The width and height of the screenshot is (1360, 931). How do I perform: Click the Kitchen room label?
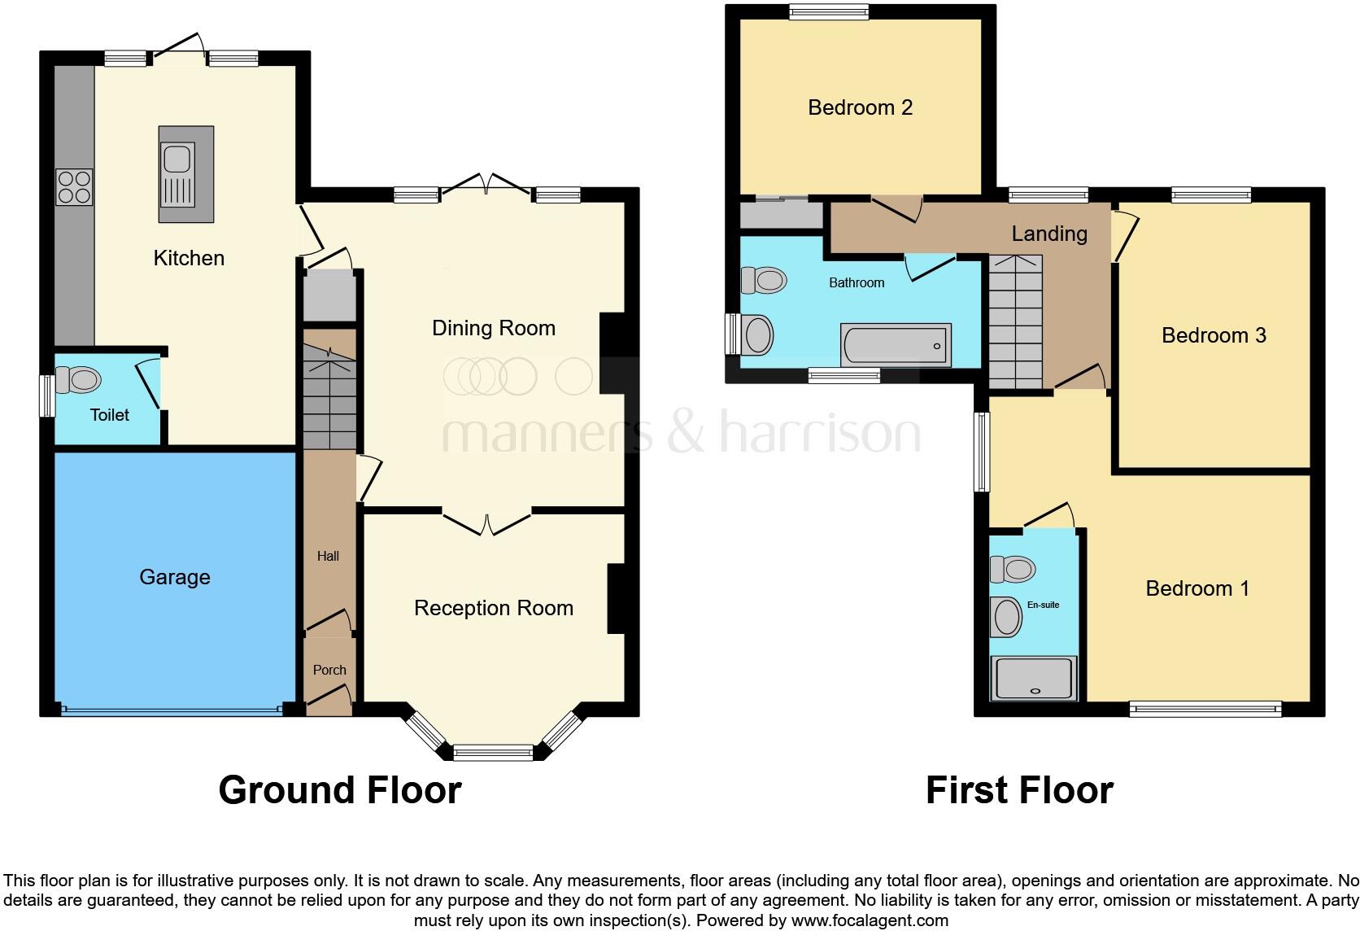pos(189,258)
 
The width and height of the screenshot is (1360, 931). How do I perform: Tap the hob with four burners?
pos(74,187)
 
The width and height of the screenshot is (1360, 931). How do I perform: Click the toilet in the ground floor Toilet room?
pos(79,380)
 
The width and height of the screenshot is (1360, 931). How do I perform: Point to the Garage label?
pos(175,577)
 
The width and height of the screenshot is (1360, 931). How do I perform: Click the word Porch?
pos(329,670)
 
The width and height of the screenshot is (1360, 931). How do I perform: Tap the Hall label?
pos(328,556)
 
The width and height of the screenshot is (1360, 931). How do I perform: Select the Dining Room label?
pos(493,328)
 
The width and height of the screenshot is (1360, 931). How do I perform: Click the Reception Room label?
pos(493,608)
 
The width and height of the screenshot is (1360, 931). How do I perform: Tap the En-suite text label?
pos(1043,605)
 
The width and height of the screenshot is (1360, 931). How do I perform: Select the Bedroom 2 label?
pos(860,107)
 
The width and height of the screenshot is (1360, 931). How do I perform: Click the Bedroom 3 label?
pos(1214,335)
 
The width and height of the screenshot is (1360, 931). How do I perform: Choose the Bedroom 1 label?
pos(1197,588)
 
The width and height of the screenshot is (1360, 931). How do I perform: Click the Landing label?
pos(1049,234)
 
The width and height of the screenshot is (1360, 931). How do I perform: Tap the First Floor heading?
pos(1019,790)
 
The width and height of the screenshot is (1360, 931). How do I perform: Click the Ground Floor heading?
pos(340,790)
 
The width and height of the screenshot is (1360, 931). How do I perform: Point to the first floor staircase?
pos(1015,322)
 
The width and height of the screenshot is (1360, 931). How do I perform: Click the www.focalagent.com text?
pos(870,921)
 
